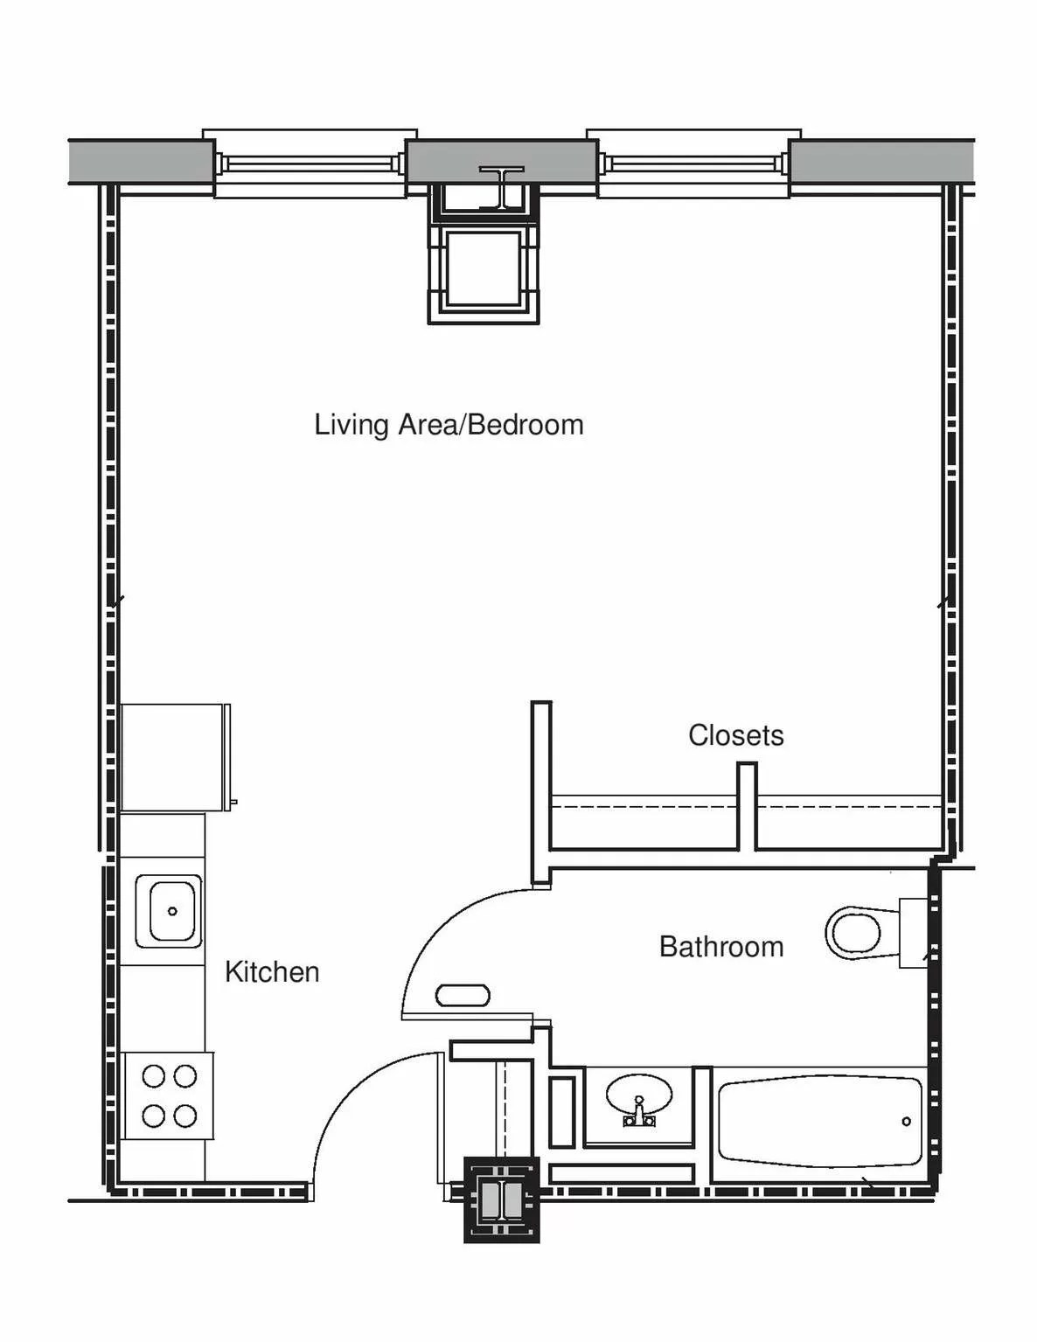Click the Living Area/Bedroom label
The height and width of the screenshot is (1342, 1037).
click(x=449, y=426)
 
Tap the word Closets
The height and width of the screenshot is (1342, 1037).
click(x=736, y=735)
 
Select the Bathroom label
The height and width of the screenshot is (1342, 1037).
click(x=721, y=947)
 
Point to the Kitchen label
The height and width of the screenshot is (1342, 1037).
click(x=273, y=972)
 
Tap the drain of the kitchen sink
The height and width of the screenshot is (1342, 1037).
click(x=172, y=911)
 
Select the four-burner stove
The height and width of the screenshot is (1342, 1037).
click(x=170, y=1096)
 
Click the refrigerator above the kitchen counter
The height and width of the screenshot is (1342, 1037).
click(x=176, y=757)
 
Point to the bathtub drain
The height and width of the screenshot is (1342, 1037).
click(x=906, y=1122)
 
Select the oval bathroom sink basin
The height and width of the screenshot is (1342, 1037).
click(x=638, y=1093)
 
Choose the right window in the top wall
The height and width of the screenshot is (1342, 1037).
click(x=693, y=163)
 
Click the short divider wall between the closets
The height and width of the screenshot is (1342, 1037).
click(x=748, y=806)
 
